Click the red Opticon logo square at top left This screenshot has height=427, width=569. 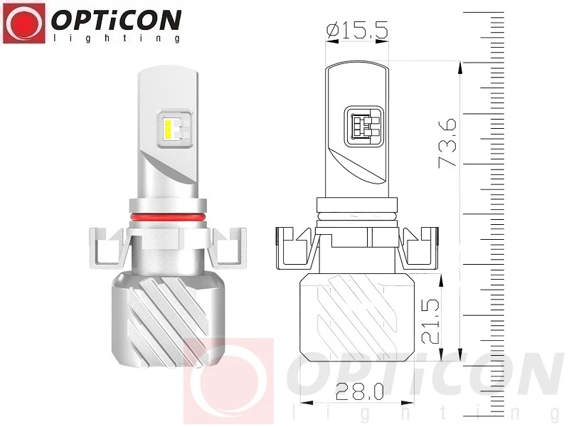coord(24,23)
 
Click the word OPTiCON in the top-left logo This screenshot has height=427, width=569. coord(116,21)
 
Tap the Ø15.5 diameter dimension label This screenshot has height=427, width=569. coord(357,30)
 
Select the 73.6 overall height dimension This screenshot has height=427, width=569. coord(447,143)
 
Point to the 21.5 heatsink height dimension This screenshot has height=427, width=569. coord(431,322)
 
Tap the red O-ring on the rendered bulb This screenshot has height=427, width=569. coord(167,217)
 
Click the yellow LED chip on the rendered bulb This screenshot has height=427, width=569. coord(168,130)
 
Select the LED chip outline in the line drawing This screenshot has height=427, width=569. coord(363,127)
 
